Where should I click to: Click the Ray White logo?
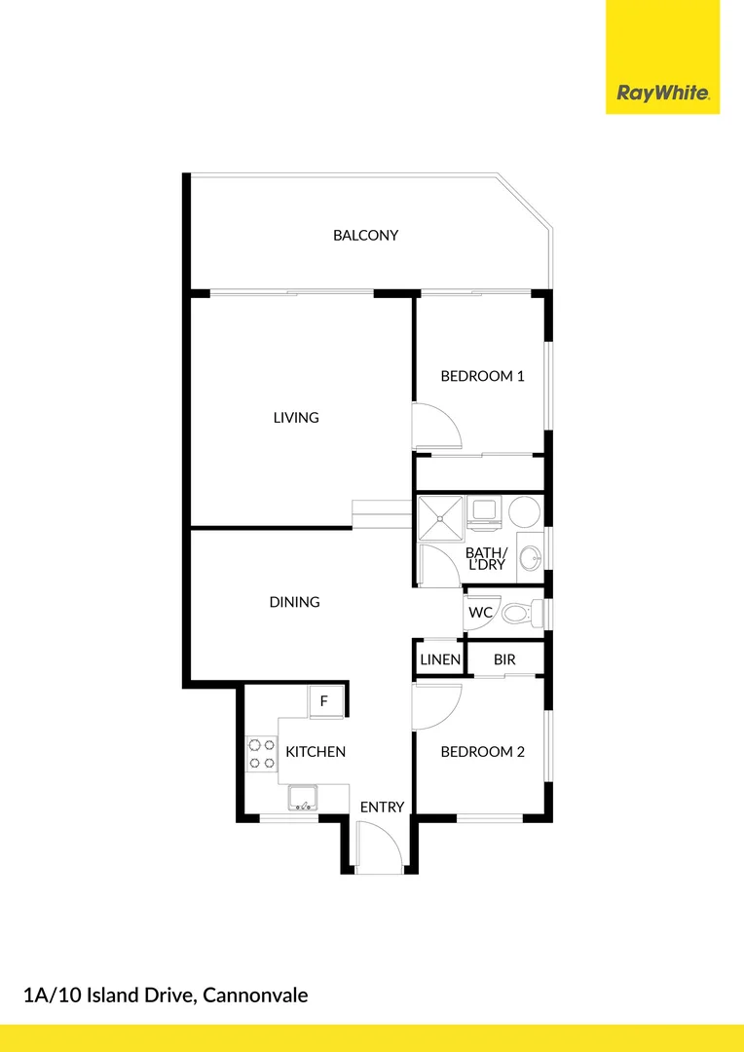(x=662, y=94)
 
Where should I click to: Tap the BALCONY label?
(x=365, y=235)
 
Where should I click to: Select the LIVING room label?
(x=296, y=417)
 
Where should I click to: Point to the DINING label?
(x=294, y=602)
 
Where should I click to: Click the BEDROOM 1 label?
(x=482, y=376)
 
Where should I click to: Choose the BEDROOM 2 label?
(x=482, y=752)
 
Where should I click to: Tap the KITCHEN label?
(x=315, y=752)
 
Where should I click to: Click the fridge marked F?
(x=324, y=701)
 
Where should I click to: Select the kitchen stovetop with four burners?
(x=261, y=753)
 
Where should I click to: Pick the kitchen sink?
(x=304, y=799)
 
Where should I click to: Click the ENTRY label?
(x=382, y=807)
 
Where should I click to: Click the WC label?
(x=480, y=613)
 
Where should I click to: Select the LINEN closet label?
(x=440, y=659)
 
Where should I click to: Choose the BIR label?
(x=504, y=659)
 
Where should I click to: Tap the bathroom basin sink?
(x=530, y=558)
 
